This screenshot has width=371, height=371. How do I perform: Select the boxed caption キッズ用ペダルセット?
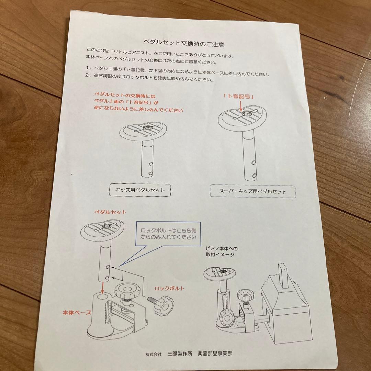140,190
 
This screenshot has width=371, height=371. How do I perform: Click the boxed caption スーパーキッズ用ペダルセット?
252,191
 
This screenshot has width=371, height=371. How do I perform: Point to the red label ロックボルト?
169,289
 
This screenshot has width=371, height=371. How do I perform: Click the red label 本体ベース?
77,312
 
